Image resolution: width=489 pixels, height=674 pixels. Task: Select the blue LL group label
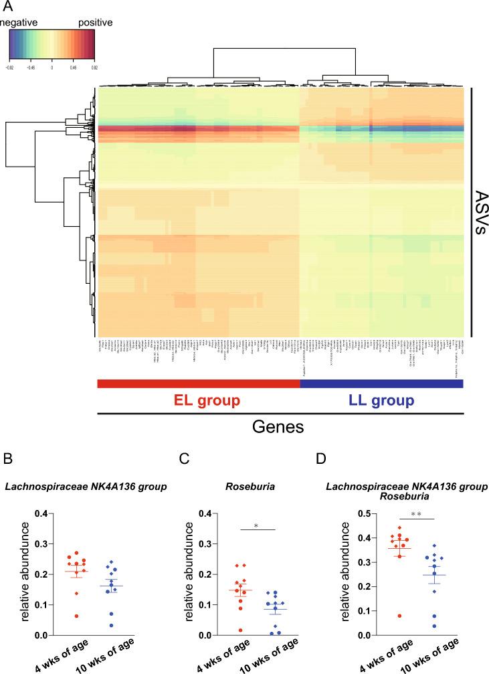pos(381,401)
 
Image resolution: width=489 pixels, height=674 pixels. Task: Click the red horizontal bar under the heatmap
pos(199,384)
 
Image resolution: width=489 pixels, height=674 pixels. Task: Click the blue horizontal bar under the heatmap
pos(381,384)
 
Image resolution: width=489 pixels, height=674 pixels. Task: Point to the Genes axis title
pos(281,429)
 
